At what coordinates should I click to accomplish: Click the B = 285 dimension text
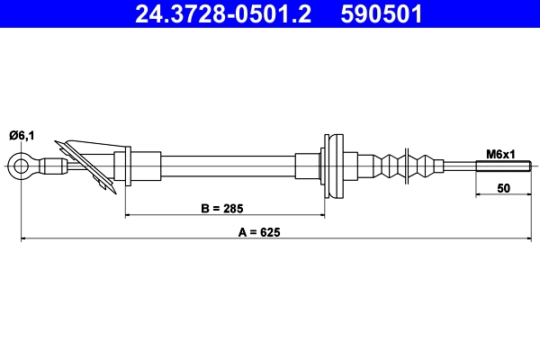click(224, 207)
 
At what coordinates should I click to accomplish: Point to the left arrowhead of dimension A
click(24, 238)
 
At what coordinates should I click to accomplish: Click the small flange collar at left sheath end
click(127, 166)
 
